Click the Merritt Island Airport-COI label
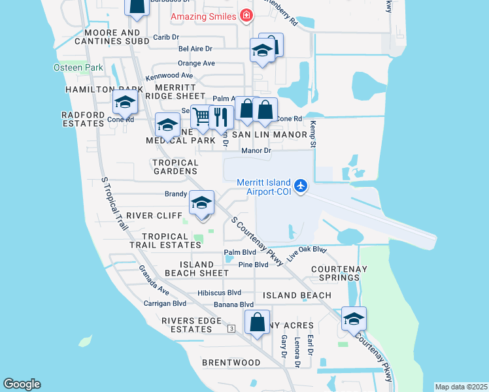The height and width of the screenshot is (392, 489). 260,186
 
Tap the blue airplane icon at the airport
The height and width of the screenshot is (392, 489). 300,186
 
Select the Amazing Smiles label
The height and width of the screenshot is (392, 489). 203,16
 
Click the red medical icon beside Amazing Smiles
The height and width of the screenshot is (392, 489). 246,16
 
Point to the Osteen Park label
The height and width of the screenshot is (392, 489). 79,67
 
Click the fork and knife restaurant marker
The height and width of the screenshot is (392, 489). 221,117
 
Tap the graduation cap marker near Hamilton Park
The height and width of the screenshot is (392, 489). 124,102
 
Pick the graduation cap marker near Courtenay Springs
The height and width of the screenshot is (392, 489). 354,319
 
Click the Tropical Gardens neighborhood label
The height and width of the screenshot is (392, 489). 175,167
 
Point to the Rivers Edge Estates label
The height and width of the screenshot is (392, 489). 188,325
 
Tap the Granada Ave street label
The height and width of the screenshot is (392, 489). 154,279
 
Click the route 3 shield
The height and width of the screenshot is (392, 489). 231,328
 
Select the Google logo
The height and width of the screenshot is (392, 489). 22,384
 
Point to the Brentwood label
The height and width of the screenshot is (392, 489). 231,363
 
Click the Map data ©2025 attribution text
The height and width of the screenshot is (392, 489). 461,387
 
